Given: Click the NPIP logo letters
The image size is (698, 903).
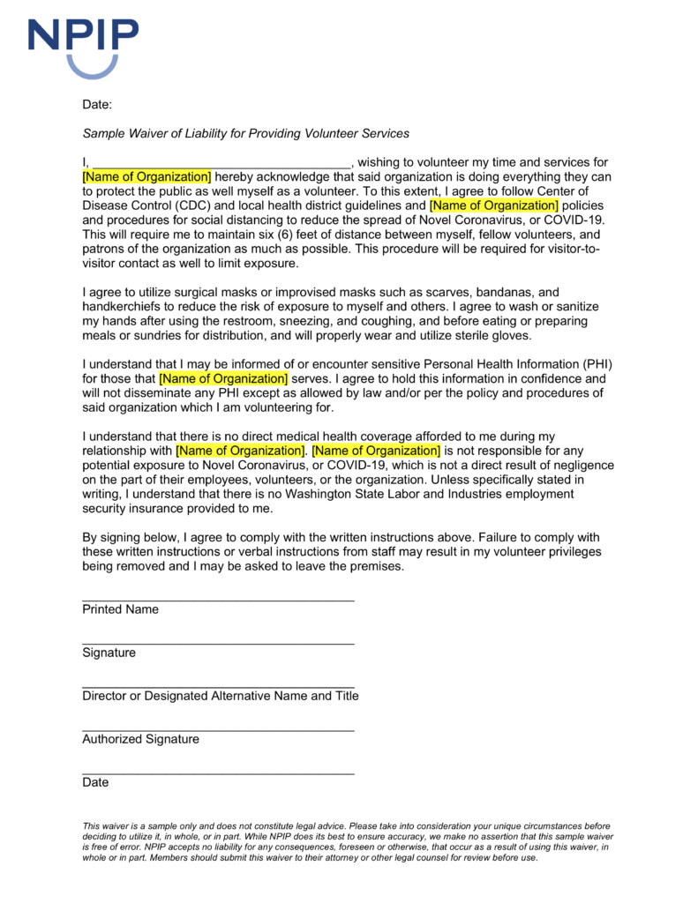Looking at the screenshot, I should coord(83,36).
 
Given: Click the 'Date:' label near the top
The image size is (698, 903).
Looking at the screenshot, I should coord(97,105).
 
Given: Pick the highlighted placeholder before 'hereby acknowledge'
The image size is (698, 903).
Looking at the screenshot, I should coord(146,176).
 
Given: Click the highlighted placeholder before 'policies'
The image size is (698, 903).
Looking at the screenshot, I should coord(494,205).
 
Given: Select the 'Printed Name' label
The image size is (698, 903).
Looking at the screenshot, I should coord(120,609).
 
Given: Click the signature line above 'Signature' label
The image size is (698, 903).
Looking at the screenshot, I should coord(218,644).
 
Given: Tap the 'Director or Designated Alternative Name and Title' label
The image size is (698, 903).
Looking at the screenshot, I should coord(221,696).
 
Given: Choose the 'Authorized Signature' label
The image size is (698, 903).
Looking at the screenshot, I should coord(140,739).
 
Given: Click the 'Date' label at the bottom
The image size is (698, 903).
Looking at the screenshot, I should coord(95,782).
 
